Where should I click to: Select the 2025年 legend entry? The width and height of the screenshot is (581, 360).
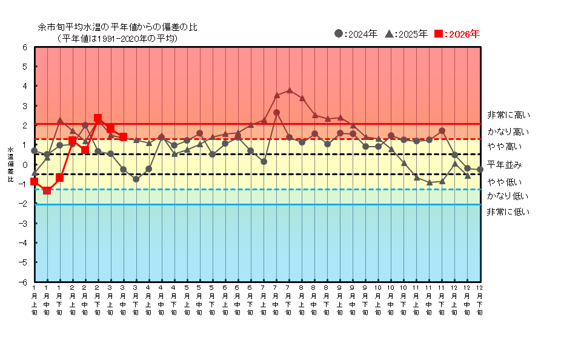(407, 34)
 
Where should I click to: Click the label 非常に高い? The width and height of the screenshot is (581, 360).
(508, 115)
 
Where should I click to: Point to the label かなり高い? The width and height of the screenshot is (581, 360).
(508, 132)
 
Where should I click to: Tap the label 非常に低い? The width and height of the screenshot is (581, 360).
(508, 212)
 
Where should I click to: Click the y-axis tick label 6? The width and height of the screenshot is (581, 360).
(25, 47)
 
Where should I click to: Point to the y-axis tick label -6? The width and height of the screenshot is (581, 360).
(24, 282)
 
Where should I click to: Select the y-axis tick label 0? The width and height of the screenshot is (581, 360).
(25, 165)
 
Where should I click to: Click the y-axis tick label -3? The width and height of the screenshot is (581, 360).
(24, 223)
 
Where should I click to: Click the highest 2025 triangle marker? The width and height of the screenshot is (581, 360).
(289, 90)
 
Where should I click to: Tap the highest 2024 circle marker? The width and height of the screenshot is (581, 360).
(276, 112)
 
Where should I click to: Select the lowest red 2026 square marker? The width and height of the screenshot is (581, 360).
(47, 190)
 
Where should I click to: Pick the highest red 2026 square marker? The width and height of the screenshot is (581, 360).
(98, 118)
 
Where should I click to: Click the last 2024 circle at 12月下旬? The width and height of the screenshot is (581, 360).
(480, 170)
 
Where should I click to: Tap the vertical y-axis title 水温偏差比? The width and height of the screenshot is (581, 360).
(10, 164)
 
